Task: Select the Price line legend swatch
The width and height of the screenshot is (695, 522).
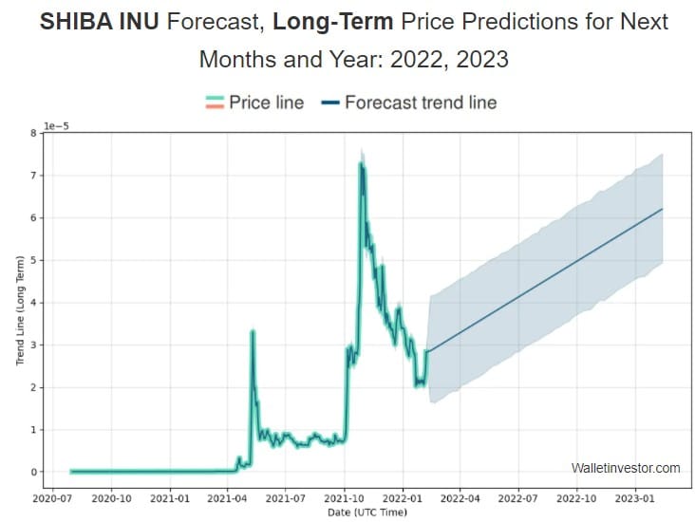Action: pos(213,102)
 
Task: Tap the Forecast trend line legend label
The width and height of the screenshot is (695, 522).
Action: pos(420,102)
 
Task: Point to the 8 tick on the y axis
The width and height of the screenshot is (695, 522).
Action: pos(32,133)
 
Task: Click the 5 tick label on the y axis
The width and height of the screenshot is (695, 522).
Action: pos(32,260)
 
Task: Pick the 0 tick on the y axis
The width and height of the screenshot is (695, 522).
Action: pos(32,472)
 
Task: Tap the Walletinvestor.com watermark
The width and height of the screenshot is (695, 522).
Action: pos(626,468)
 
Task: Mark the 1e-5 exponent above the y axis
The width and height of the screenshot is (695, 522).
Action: pos(58,124)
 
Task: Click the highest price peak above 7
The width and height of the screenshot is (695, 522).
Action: pos(361,164)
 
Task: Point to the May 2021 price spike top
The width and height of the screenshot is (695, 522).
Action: pos(253,331)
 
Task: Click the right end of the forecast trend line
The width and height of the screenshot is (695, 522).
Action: pos(662,209)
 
